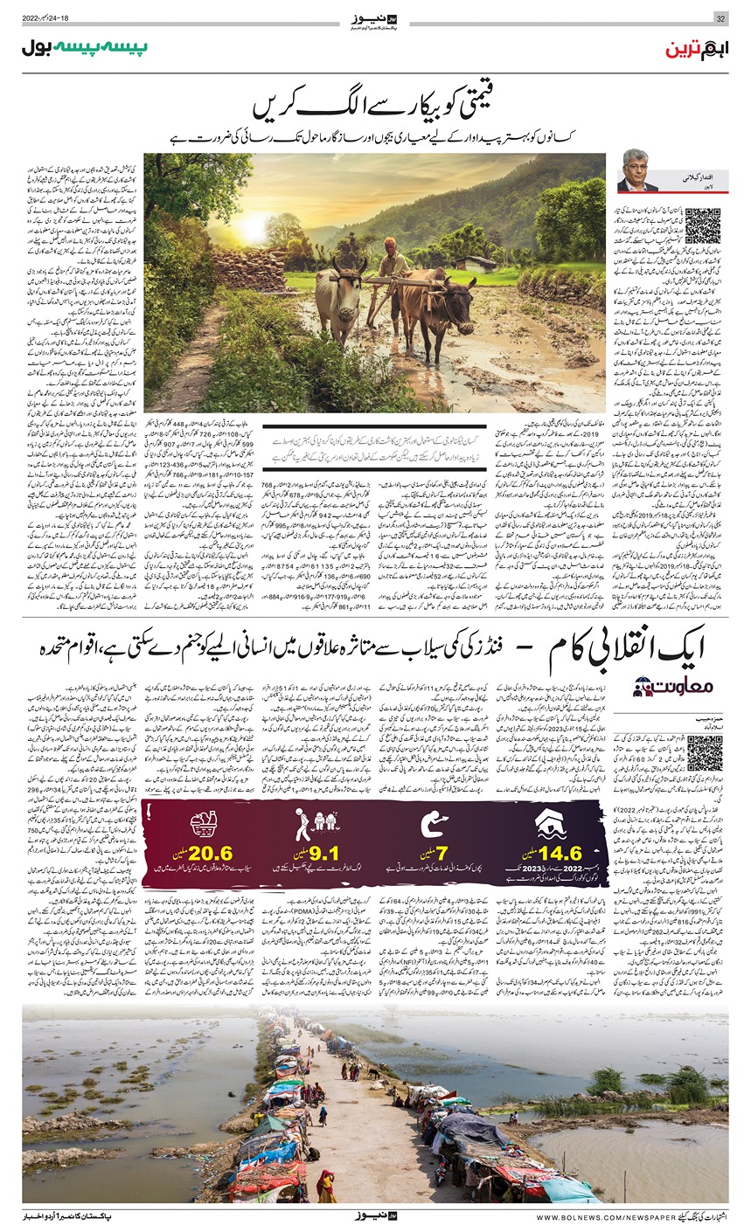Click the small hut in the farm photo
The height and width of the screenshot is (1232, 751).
coord(476,262)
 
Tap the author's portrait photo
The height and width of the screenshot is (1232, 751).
coord(638,171)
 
